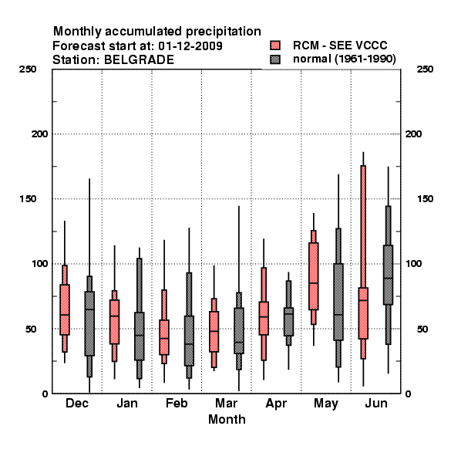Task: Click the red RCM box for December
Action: point(65,309)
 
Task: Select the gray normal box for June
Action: point(389,275)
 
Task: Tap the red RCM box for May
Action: point(314,276)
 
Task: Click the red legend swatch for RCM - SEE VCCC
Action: point(275,46)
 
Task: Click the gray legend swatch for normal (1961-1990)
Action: point(275,59)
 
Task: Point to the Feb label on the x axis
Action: point(177,404)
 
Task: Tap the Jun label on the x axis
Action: point(376,404)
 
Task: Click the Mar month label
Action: point(226,404)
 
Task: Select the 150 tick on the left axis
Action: point(28,199)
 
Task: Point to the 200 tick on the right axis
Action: point(413,134)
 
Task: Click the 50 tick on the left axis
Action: point(31,329)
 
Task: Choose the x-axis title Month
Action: point(227,420)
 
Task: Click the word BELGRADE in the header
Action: point(140,60)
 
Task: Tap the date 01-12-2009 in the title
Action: point(190,46)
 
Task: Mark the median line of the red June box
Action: point(363,300)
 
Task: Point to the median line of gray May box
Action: point(338,315)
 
